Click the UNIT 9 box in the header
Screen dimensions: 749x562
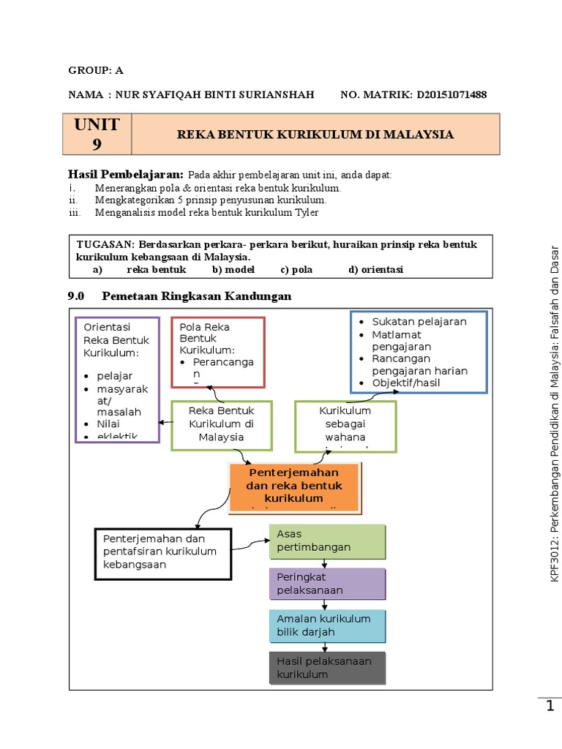[x=97, y=134]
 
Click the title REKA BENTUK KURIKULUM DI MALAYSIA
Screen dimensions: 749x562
[x=315, y=135]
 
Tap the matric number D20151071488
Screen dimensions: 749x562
[x=452, y=94]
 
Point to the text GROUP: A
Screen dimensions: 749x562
[x=96, y=70]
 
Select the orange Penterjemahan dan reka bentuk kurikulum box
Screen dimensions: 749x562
[x=294, y=487]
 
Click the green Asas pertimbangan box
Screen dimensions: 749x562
[x=327, y=541]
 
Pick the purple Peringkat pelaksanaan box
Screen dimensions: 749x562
[x=327, y=584]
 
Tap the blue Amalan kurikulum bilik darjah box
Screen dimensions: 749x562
[x=327, y=625]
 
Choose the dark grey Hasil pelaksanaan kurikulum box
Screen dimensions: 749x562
[x=327, y=667]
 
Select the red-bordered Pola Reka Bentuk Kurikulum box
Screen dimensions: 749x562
[x=218, y=352]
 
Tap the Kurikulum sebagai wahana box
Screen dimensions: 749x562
[x=345, y=426]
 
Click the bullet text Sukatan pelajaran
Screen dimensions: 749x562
[x=419, y=321]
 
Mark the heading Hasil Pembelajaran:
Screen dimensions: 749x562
[x=125, y=174]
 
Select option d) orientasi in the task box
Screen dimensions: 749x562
[x=375, y=269]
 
